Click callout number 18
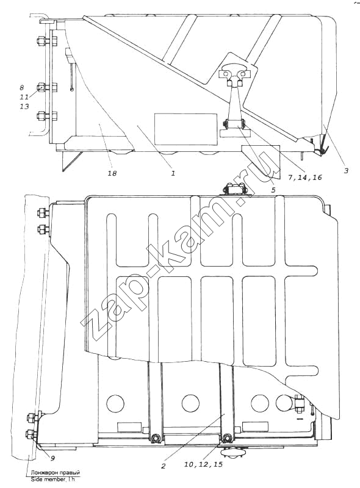112,173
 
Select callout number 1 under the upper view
173,173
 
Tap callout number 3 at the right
346,170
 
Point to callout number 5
273,190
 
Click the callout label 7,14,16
304,178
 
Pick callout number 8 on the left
22,88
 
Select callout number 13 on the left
24,106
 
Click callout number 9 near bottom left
52,458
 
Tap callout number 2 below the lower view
163,466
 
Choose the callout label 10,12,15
203,465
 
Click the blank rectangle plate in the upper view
186,129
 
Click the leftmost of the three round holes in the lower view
115,403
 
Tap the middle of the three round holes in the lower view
190,403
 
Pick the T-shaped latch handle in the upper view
234,74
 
